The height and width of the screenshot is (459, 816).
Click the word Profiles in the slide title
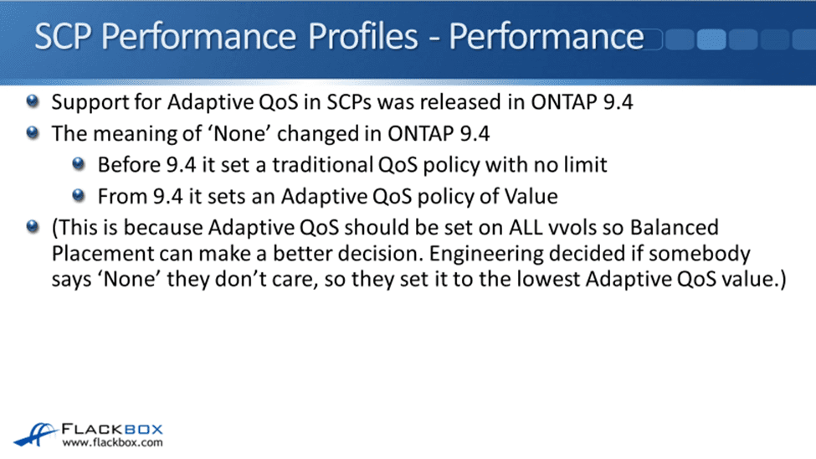pos(362,37)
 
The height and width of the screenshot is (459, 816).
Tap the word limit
pos(586,165)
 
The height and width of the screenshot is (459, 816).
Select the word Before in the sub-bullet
pos(129,165)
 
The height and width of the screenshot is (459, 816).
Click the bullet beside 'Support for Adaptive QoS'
pos(33,101)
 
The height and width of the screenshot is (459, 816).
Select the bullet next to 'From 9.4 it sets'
pos(79,196)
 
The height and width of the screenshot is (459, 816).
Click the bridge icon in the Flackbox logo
pos(35,435)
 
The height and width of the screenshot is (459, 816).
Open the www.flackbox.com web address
pos(112,443)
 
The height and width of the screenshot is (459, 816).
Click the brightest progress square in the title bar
pos(711,39)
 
